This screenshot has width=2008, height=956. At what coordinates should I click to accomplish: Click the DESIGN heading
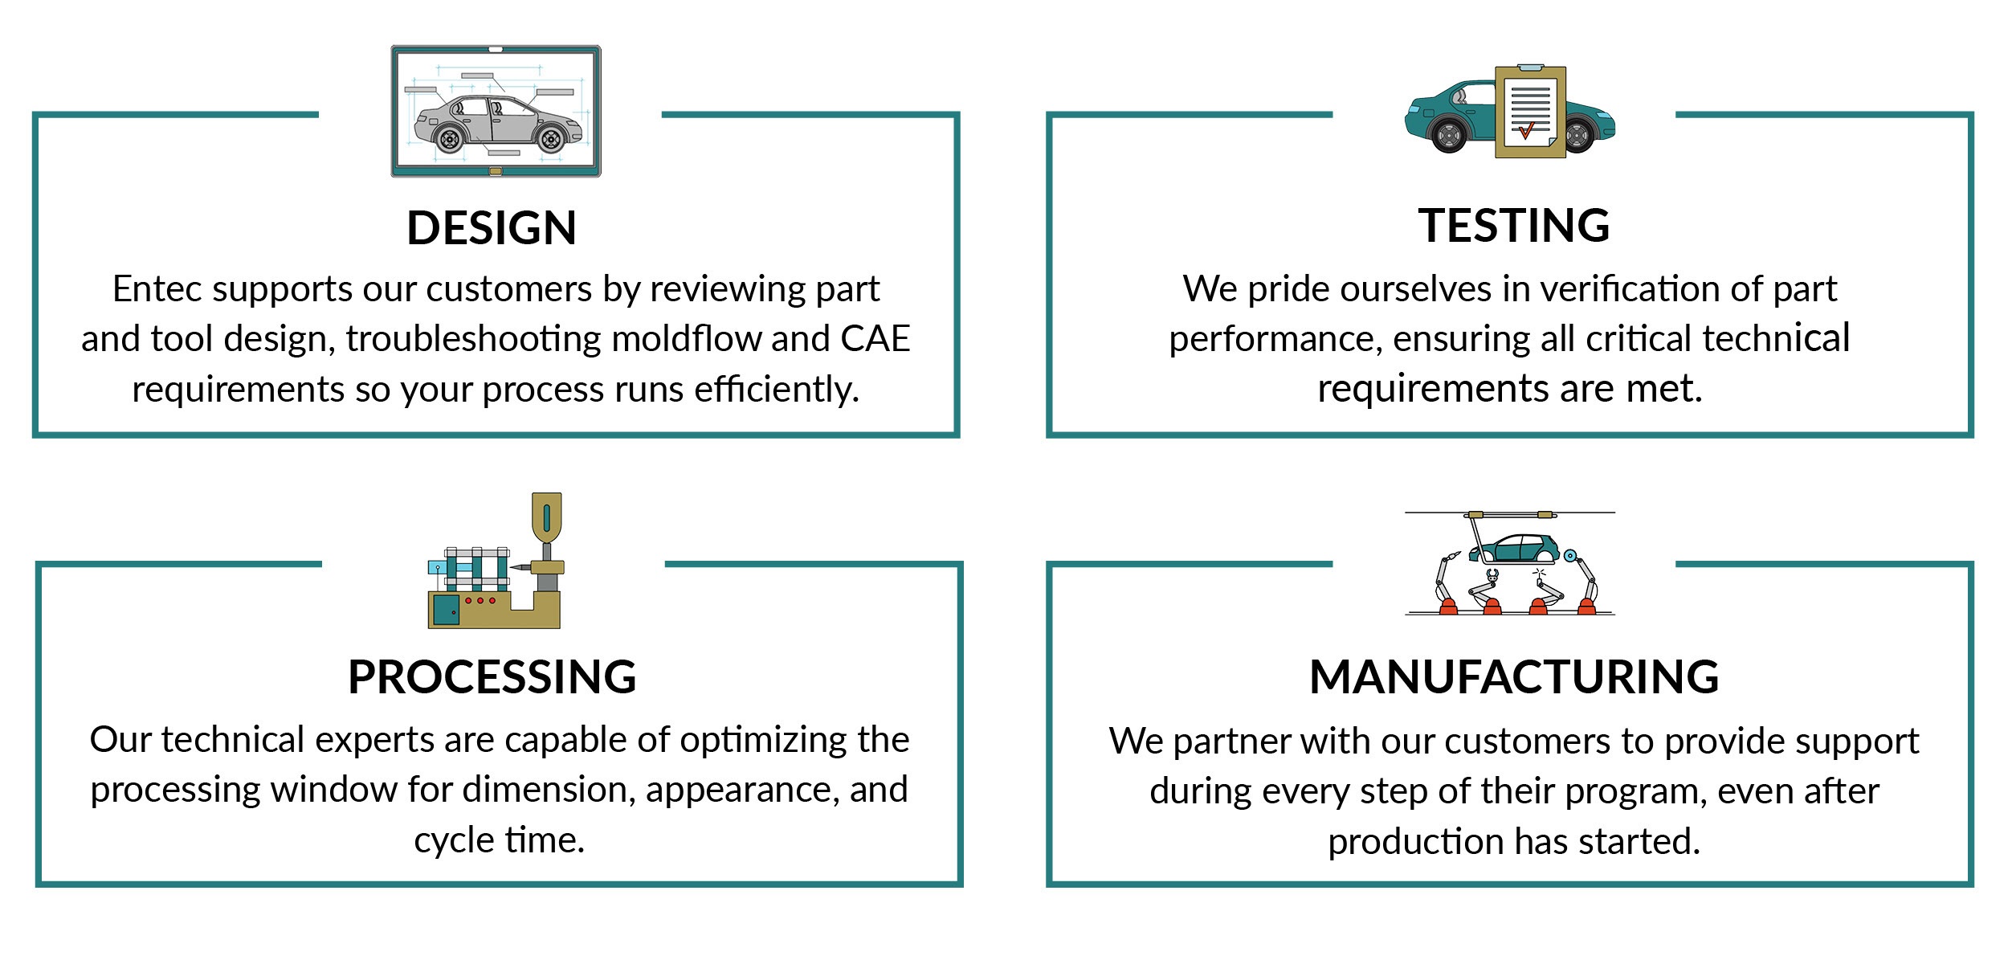coord(492,227)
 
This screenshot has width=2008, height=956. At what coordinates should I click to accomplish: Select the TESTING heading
coord(1513,225)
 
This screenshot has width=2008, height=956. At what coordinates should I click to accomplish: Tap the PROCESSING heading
coord(492,676)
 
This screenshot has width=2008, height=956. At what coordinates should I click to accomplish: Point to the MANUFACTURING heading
coord(1514,676)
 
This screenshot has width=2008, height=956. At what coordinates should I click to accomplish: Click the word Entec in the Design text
coord(157,289)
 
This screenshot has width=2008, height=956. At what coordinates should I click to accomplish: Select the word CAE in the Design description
coord(875,338)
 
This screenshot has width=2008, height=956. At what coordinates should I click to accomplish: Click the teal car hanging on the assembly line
coord(1514,549)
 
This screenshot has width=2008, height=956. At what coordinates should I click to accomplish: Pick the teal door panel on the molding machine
coord(446,610)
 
